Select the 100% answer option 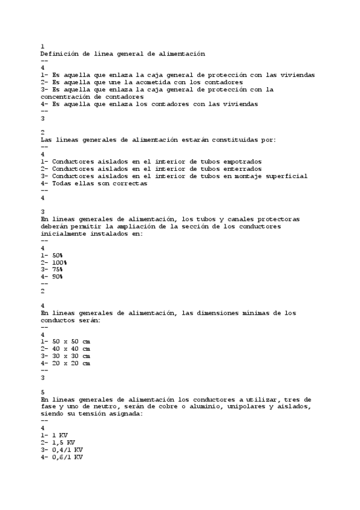click(59, 262)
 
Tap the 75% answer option click(57, 269)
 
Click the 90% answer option click(57, 277)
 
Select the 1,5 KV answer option click(63, 443)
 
